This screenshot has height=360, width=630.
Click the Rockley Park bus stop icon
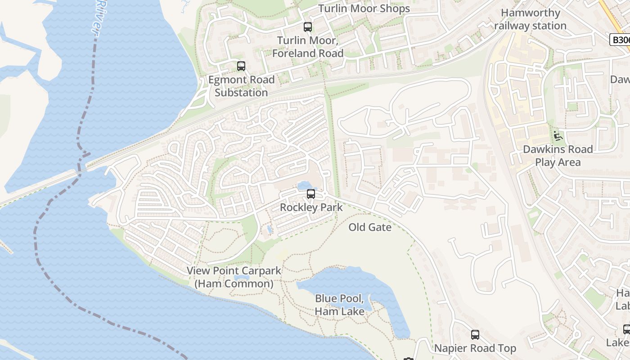310,194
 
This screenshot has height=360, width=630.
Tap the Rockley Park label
311,207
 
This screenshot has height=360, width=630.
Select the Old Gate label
370,227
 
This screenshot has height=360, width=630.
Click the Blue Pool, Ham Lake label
339,305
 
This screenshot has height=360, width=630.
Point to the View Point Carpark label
234,271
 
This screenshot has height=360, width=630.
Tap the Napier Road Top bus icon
475,334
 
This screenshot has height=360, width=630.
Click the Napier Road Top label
475,348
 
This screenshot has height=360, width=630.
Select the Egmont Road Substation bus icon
241,66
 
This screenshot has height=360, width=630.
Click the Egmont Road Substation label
241,86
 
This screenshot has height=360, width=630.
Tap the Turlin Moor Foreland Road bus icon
308,27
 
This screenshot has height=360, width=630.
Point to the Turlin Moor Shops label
364,9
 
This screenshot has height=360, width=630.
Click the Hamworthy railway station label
530,19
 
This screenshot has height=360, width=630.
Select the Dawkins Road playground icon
558,135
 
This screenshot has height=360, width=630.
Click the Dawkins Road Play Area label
558,155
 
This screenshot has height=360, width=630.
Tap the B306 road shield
621,40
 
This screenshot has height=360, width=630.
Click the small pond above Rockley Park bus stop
304,185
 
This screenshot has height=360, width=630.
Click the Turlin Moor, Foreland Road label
308,47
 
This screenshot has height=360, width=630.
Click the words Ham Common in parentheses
234,284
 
